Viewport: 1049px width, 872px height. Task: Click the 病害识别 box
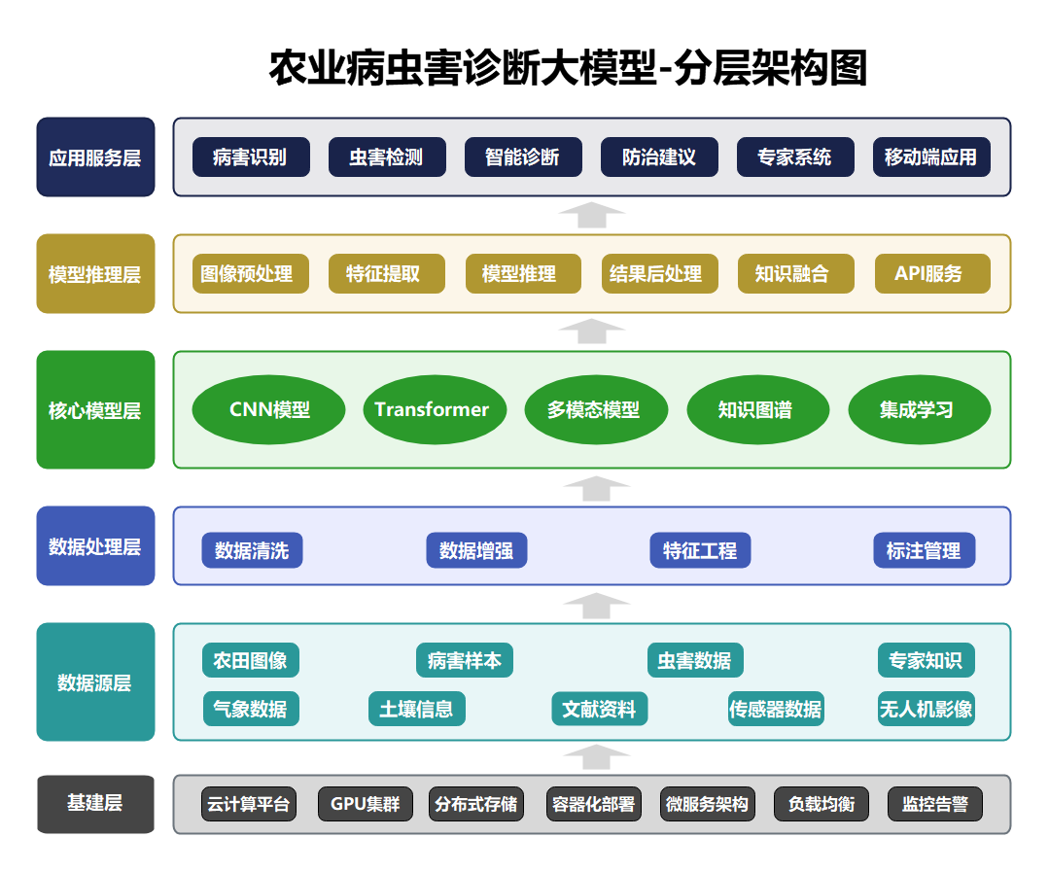[x=251, y=157]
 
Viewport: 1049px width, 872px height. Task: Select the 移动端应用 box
[x=931, y=157]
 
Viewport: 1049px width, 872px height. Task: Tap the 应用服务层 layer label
[x=95, y=157]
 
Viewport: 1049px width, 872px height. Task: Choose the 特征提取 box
[x=387, y=274]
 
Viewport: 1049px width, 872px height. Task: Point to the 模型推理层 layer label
[x=95, y=274]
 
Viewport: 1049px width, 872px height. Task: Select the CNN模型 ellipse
[x=269, y=410]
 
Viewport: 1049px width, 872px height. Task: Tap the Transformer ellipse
[x=432, y=410]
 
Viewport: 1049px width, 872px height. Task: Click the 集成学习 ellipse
[x=919, y=410]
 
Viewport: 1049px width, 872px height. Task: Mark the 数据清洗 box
[x=252, y=551]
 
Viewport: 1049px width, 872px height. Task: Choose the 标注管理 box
[x=924, y=551]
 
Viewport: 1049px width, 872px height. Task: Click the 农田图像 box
[x=251, y=661]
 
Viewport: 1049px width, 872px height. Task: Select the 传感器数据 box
[x=776, y=710]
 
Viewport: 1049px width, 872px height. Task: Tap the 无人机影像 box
[x=926, y=710]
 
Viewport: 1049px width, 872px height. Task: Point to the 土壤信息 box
[x=416, y=710]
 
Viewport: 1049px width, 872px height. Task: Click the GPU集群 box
[x=366, y=805]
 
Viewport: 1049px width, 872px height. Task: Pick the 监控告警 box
[x=934, y=805]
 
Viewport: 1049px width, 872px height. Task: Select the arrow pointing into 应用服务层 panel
[x=592, y=215]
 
